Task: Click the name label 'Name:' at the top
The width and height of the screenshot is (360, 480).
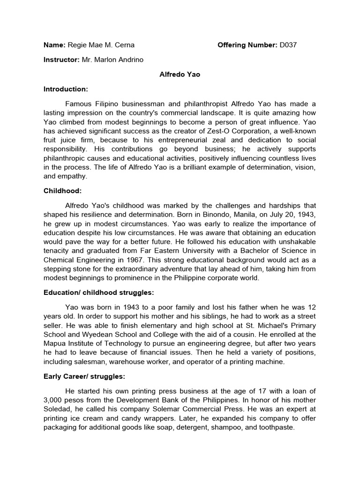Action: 54,45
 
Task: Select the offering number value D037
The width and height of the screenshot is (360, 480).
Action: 288,45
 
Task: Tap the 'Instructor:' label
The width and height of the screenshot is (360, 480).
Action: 60,60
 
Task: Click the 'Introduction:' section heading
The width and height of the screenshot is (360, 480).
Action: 66,89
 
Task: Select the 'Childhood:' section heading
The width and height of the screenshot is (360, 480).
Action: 63,191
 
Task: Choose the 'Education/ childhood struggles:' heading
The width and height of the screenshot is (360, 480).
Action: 99,292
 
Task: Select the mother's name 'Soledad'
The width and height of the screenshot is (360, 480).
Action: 58,409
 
